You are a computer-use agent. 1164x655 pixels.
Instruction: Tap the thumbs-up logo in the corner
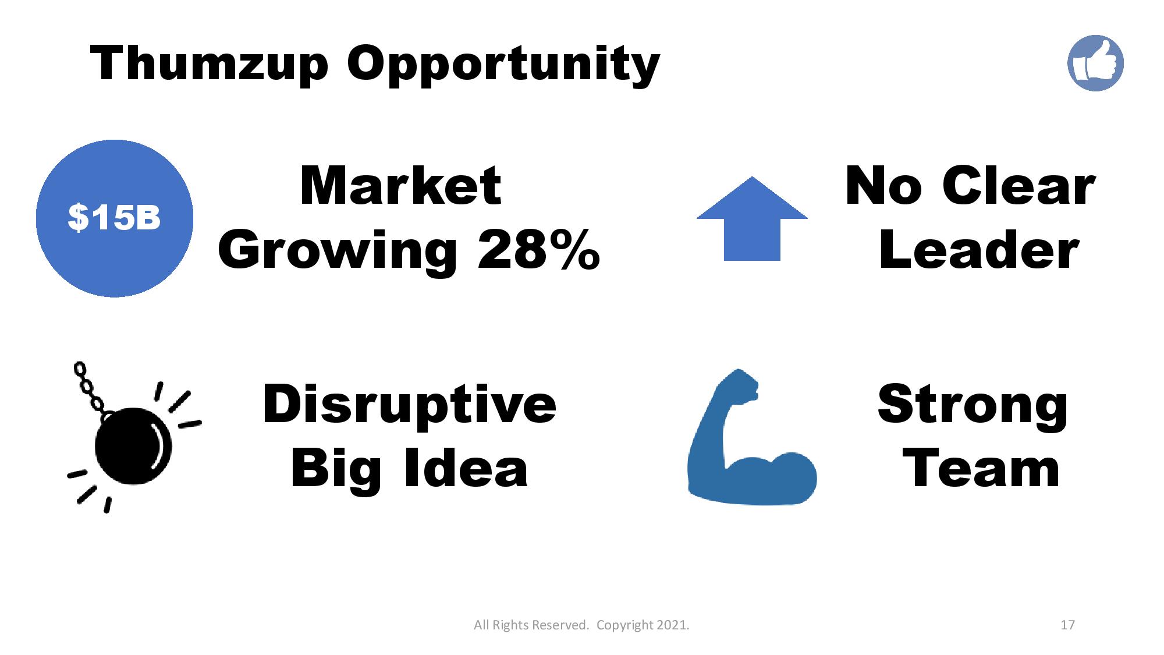pos(1095,63)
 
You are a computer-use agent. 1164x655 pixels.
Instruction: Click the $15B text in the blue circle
pos(114,218)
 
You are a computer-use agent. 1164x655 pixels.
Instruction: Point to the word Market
pos(400,186)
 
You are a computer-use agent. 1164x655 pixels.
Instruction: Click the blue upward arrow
pos(752,218)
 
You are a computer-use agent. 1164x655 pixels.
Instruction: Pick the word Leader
pos(978,250)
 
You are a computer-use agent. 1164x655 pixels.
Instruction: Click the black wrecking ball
pos(133,446)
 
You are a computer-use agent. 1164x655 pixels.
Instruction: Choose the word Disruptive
pos(409,404)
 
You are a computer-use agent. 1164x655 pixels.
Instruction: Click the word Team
pos(981,469)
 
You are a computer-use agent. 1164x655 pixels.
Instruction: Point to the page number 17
pos(1067,625)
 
